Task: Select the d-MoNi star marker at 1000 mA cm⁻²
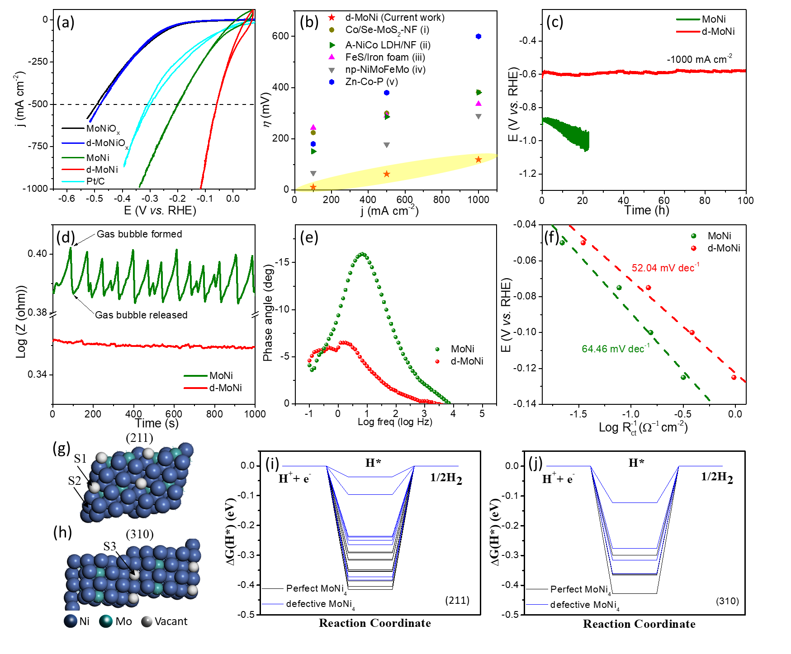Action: [x=478, y=160]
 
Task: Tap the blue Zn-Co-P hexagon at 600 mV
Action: [x=478, y=37]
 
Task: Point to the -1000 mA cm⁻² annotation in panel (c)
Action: [x=699, y=59]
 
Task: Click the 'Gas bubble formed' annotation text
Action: [x=139, y=234]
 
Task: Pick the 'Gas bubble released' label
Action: [x=141, y=315]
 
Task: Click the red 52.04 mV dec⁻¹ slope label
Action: [x=665, y=268]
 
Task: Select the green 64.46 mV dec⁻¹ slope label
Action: [x=616, y=349]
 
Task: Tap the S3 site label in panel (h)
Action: [x=110, y=546]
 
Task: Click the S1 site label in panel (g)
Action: [x=81, y=459]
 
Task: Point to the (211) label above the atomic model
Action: [x=139, y=438]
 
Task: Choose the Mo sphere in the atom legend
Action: [x=106, y=621]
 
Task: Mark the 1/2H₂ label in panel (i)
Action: [x=446, y=478]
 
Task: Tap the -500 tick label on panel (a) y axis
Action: [x=38, y=104]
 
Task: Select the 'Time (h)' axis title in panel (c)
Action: [x=646, y=210]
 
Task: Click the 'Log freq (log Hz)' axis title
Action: [x=395, y=422]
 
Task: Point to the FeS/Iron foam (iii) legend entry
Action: [x=385, y=57]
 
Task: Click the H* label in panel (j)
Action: [x=636, y=463]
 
